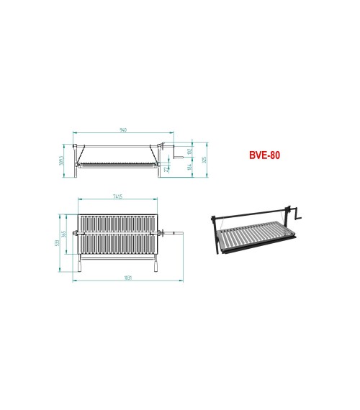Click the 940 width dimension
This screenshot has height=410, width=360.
click(123, 129)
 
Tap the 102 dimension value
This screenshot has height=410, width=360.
click(188, 151)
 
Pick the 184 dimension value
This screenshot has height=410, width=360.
click(188, 167)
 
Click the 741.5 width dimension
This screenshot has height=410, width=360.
click(117, 196)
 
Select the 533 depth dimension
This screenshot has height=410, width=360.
click(57, 242)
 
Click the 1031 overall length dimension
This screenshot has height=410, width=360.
click(128, 277)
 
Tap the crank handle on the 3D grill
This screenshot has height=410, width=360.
click(298, 214)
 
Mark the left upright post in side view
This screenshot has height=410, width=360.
click(75, 155)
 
